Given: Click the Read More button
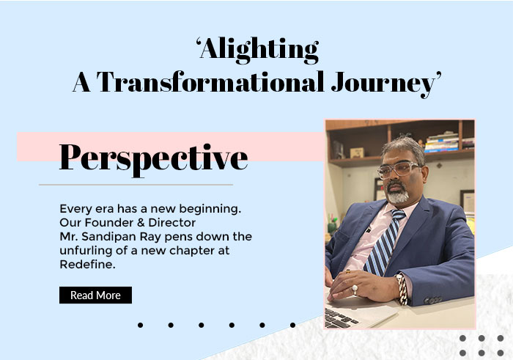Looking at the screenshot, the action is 95,295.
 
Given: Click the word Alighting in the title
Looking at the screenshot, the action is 259,50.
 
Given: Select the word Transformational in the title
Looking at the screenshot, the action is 210,81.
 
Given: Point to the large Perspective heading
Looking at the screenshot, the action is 153,159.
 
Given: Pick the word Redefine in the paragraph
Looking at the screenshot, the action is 86,264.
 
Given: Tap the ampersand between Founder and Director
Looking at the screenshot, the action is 141,223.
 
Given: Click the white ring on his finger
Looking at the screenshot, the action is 355,289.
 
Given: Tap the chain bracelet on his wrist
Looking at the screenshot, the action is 402,290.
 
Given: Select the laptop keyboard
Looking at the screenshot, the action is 339,317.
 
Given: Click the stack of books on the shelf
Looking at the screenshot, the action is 442,143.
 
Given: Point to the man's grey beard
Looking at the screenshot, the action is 397,195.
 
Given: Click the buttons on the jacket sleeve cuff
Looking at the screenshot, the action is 433,300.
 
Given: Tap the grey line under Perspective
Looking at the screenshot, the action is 136,185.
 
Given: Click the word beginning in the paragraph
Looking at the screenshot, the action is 210,209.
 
